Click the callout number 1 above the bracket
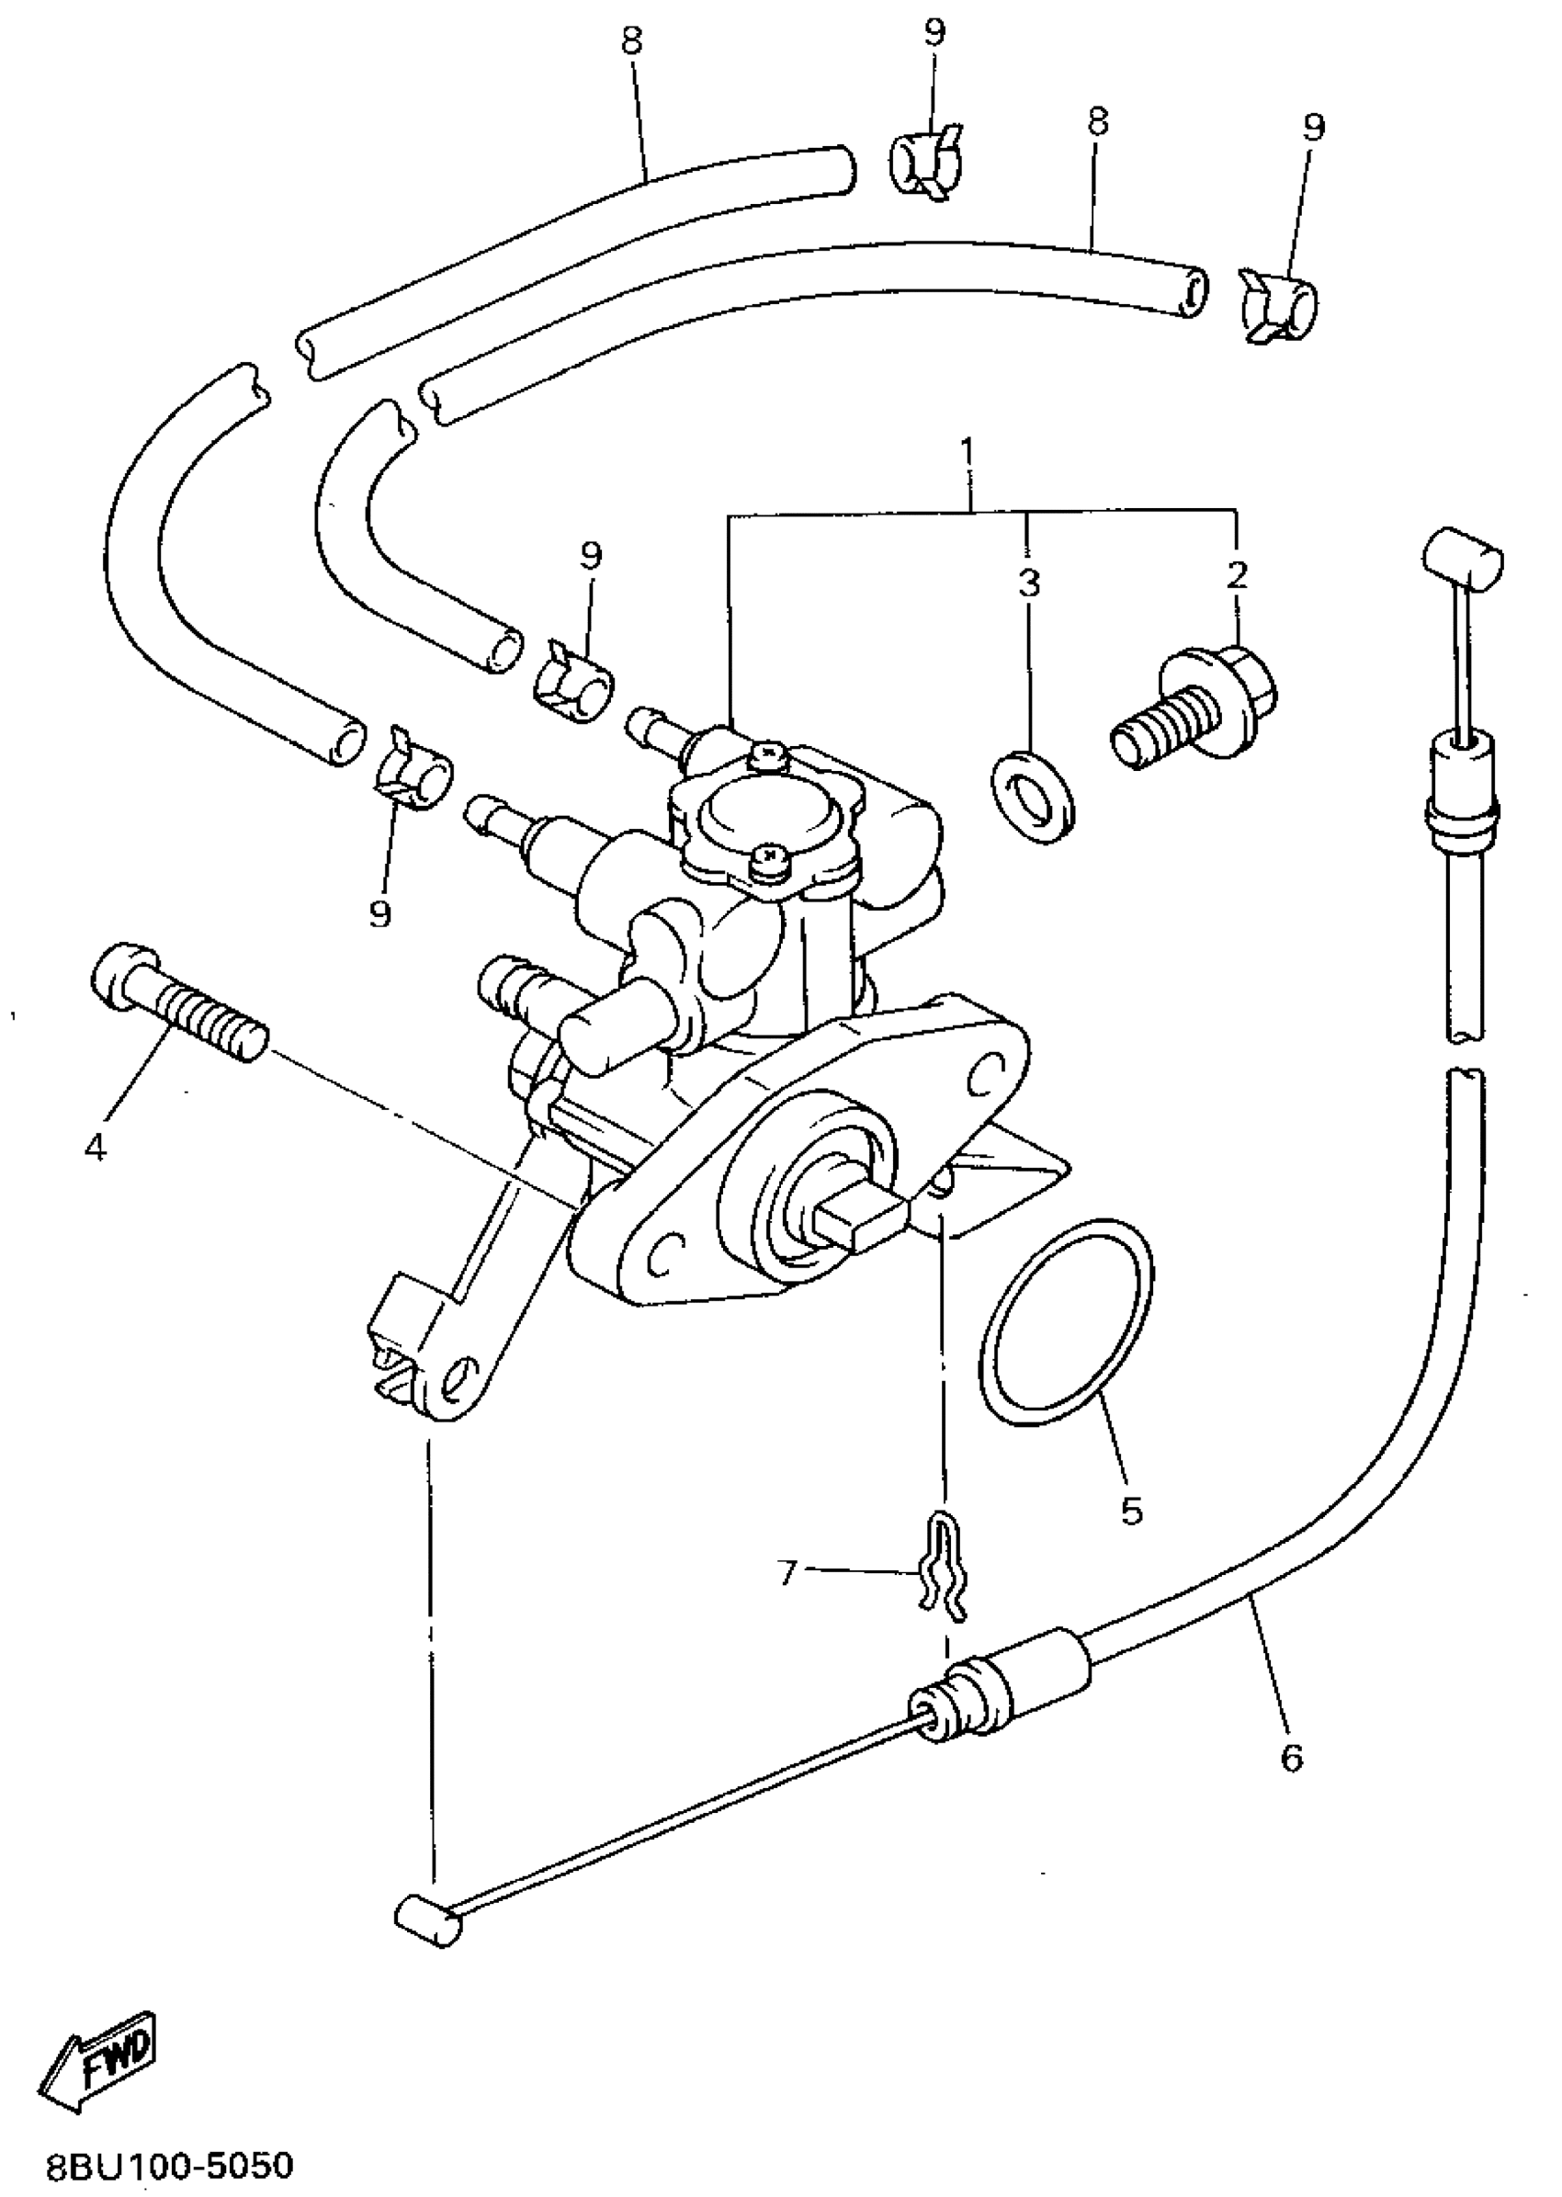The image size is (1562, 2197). [968, 451]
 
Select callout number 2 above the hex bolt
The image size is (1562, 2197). [1237, 574]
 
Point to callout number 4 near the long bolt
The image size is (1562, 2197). [96, 1146]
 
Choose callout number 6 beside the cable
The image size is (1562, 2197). [1291, 1758]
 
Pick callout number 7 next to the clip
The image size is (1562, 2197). [787, 1574]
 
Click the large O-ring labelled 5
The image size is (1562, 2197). [1065, 1326]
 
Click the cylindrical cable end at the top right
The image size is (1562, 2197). [1461, 556]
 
